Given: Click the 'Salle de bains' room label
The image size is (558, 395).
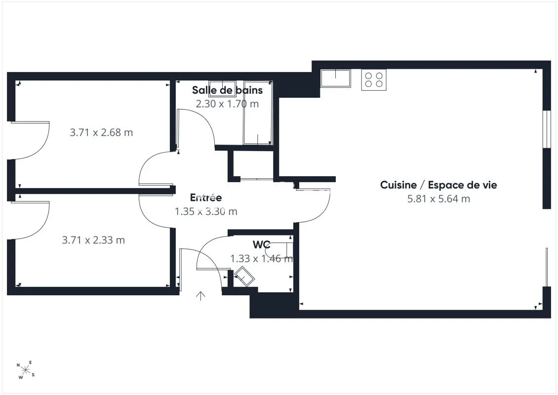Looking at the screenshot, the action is tap(228, 90).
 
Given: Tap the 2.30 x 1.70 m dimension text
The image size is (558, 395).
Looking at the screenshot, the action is tap(228, 104).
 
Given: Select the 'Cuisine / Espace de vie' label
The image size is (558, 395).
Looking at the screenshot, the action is tap(438, 185).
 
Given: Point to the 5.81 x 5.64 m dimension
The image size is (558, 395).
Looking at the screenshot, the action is tap(438, 198).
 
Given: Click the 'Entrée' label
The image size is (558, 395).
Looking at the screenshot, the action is tap(206, 197).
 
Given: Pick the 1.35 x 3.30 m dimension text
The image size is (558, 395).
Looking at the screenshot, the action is tap(206, 211).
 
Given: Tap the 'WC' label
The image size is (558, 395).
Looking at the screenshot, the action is tap(262, 245).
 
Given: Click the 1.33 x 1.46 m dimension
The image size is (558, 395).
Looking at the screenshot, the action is tap(262, 258).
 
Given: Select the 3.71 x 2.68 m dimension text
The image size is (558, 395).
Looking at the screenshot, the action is tap(101, 132).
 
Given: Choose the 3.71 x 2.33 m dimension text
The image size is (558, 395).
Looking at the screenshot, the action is tap(93, 240).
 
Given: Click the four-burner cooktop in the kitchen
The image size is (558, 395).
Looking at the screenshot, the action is tap(374, 79).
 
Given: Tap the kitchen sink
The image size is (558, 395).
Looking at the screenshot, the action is tap(336, 79).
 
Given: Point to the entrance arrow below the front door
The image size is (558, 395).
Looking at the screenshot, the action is tap(200, 296).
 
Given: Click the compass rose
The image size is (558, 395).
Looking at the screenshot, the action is tap(26, 370).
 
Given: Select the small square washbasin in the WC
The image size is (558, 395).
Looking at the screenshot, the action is tap(244, 276).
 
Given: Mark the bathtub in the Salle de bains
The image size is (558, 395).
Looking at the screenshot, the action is tap(258, 113).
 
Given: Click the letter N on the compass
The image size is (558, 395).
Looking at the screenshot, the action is tap(18, 365).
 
